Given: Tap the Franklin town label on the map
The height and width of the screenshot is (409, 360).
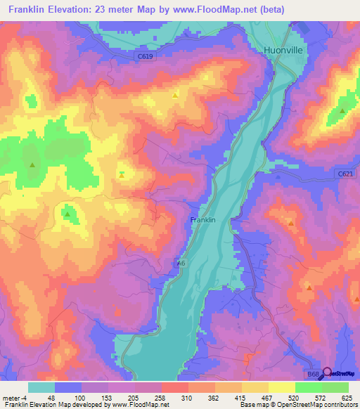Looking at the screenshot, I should pos(202,220).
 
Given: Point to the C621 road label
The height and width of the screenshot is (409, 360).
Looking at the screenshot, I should pos(344,174).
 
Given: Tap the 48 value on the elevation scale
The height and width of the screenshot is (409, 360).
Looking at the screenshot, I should pos(51,397).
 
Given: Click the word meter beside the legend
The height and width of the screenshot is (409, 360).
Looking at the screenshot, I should pos(8,397).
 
